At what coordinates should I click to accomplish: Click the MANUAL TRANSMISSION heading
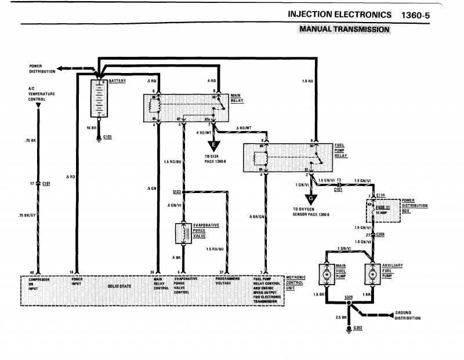344,28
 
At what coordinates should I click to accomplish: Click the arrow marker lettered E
215,146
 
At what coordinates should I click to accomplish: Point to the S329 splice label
348,297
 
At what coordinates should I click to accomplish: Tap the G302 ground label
357,328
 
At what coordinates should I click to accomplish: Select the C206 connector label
380,234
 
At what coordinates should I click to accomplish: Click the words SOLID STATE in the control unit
119,286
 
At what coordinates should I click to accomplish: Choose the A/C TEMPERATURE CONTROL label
37,93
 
